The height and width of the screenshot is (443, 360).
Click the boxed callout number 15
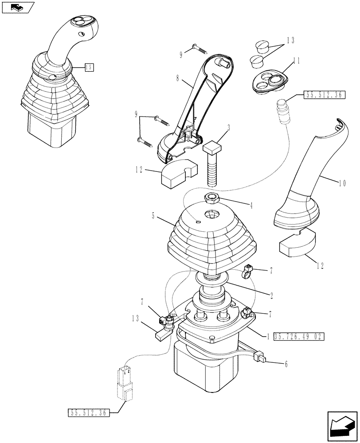coord(89,67)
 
